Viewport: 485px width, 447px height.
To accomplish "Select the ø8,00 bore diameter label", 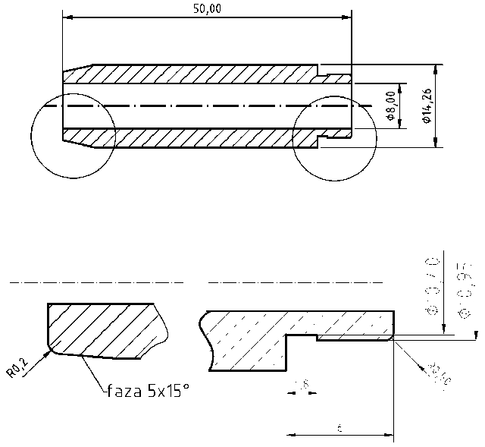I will point(390,106).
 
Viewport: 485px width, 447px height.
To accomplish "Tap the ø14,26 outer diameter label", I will point(427,106).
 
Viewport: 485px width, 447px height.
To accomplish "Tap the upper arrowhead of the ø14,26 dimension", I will point(436,69).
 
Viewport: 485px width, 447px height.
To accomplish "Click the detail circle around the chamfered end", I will point(74,136).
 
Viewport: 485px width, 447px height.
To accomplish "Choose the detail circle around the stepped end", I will point(333,136).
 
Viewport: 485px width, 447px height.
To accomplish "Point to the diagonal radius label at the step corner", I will point(436,371).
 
